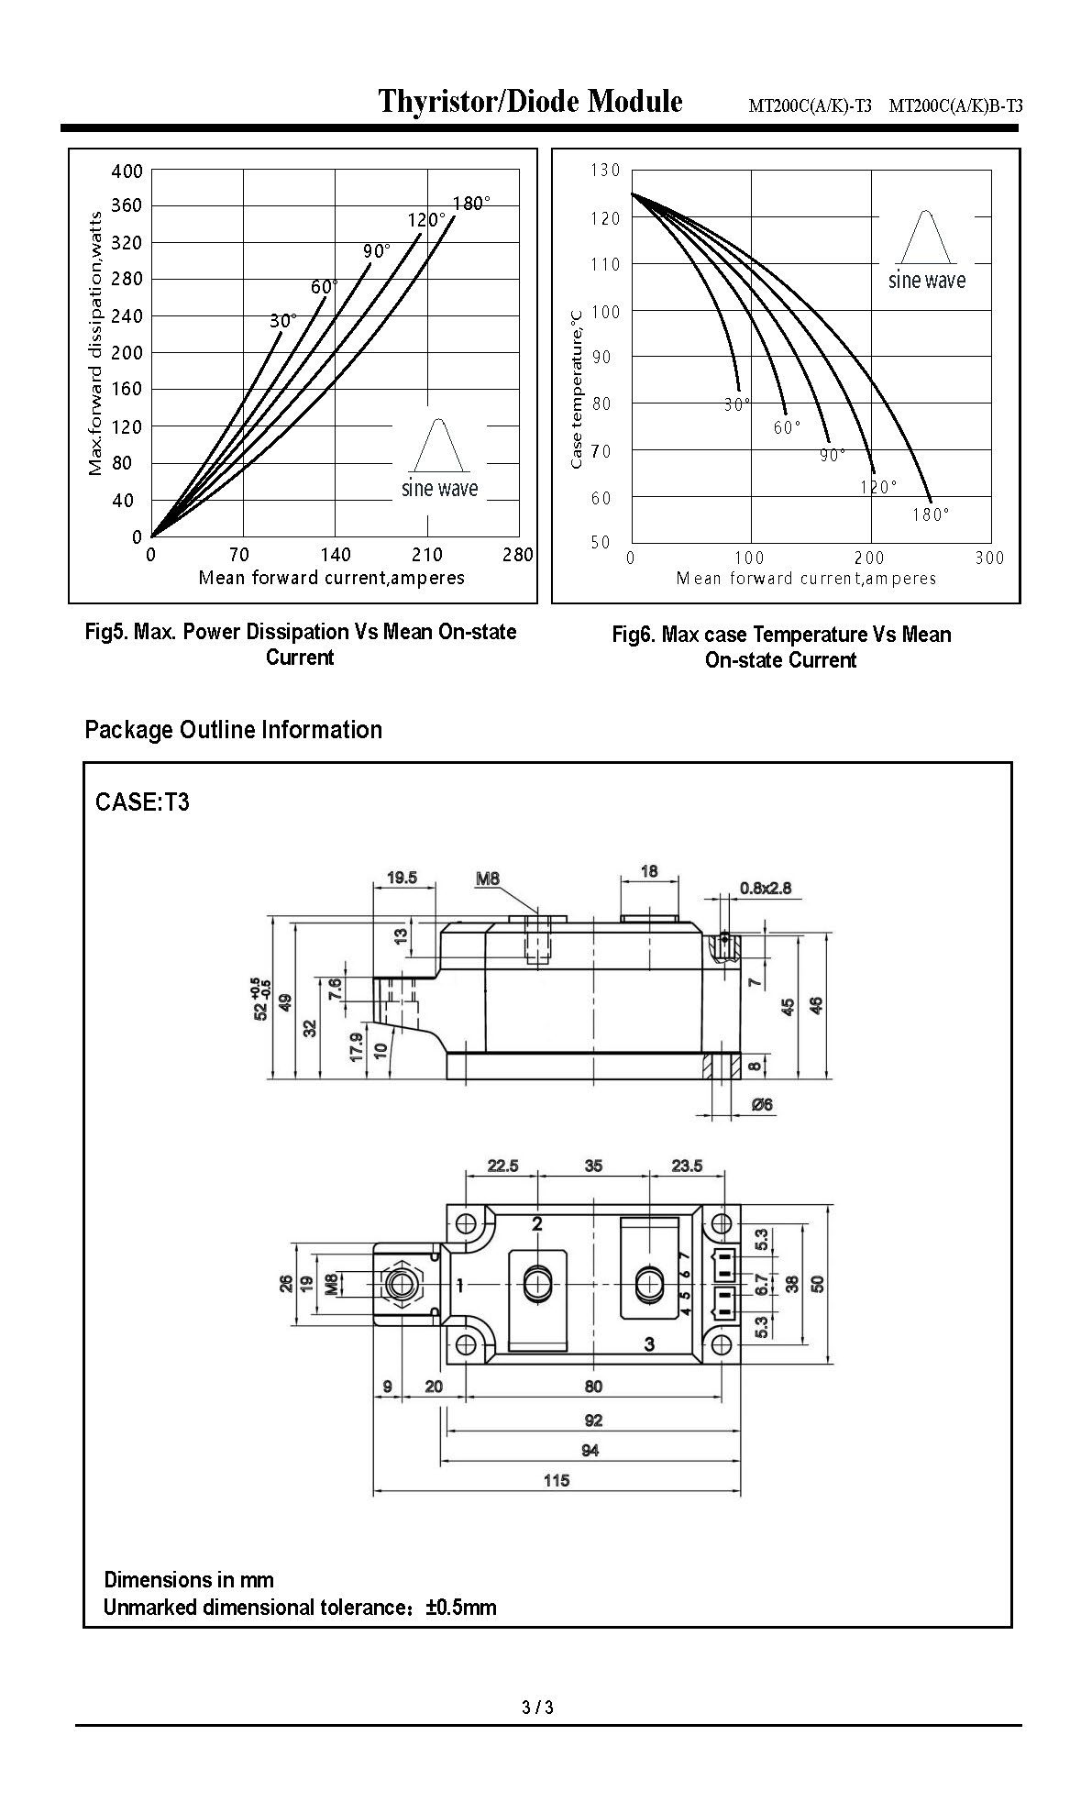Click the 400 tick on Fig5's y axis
coord(127,171)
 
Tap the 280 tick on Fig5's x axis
coord(518,555)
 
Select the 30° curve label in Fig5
coord(282,321)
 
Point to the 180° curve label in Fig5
coord(471,204)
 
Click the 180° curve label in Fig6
coord(931,514)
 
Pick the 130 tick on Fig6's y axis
coord(606,171)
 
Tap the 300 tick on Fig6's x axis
coord(989,558)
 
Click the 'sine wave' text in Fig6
coord(926,281)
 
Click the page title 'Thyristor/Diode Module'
coord(531,101)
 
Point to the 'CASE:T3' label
coord(142,801)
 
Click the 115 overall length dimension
coord(556,1480)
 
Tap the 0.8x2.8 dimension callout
coord(765,888)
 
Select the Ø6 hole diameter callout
coord(762,1105)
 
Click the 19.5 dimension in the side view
coord(402,878)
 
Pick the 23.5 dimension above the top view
coord(687,1166)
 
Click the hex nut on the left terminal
coord(400,1284)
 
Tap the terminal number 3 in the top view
coord(649,1344)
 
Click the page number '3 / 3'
coord(537,1708)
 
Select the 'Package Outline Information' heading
coord(233,730)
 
